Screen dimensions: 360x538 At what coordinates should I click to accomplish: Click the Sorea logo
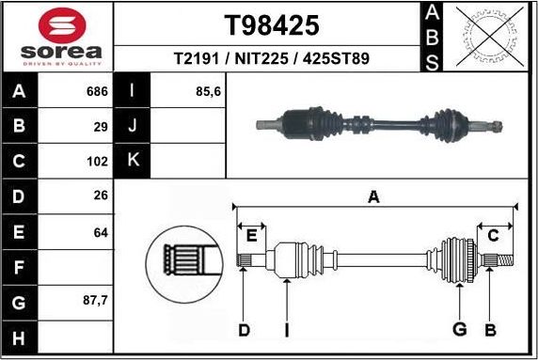click(x=57, y=37)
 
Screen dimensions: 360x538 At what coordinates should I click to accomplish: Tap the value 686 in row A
click(x=97, y=92)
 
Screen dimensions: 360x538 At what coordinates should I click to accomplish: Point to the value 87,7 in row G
click(x=95, y=302)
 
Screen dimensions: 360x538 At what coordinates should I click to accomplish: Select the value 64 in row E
click(x=101, y=231)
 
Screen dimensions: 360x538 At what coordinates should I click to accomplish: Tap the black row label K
click(x=133, y=161)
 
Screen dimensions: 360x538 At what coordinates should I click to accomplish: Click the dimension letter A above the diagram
click(x=373, y=197)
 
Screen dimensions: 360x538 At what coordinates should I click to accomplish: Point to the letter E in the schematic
click(x=250, y=236)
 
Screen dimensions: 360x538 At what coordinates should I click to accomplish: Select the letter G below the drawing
click(x=459, y=329)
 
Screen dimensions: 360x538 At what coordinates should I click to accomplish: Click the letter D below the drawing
click(x=244, y=329)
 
